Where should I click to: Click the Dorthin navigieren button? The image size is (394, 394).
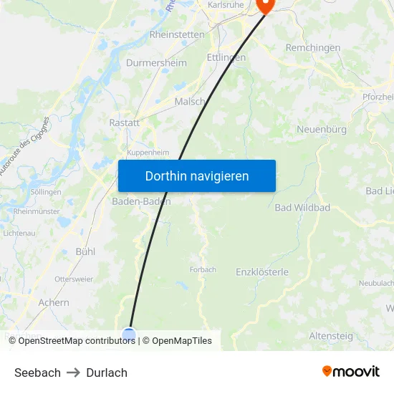(197, 176)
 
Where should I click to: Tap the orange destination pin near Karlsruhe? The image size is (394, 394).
(265, 6)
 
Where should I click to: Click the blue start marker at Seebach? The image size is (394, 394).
(129, 335)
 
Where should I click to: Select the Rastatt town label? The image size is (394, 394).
(124, 123)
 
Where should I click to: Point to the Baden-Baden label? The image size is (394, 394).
(141, 201)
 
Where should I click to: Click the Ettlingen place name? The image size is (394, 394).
(226, 57)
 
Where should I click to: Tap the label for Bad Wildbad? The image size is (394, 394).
(302, 208)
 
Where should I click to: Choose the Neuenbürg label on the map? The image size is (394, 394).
(322, 130)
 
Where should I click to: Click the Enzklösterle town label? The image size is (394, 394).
(262, 272)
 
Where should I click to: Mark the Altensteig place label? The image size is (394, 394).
(330, 335)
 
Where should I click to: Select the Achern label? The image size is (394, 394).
(54, 302)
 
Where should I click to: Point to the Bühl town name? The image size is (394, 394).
(85, 251)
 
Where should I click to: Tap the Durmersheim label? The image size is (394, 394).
(156, 63)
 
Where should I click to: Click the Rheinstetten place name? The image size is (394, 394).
(177, 34)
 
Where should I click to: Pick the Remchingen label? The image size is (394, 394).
(313, 47)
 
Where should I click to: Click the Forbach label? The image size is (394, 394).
(203, 270)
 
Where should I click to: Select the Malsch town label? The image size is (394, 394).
(190, 102)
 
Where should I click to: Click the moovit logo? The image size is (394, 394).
(351, 372)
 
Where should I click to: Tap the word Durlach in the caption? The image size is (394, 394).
(107, 373)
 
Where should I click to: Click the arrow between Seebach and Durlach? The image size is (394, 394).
(73, 373)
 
